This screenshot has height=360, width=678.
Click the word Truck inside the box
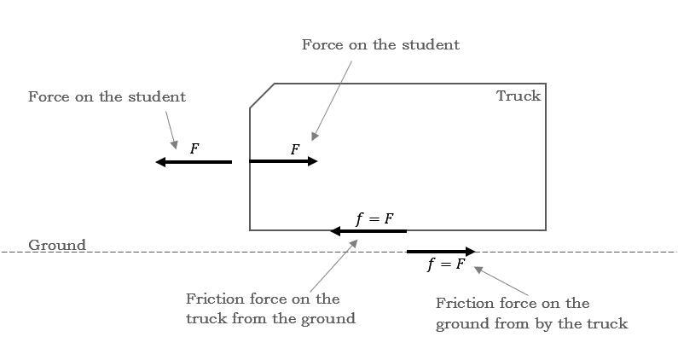pos(519,96)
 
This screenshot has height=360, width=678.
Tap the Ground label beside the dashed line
pos(57,246)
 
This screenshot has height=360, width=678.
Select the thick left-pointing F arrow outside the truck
pos(194,162)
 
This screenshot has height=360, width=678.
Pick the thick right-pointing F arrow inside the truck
pos(283,160)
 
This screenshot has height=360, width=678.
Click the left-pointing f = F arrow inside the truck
pos(368,231)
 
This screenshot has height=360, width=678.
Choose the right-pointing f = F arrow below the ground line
pos(441,252)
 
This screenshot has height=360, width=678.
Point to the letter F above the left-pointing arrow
pos(194,148)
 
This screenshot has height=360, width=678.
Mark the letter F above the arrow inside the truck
pos(295,149)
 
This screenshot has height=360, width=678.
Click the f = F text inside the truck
pos(375,218)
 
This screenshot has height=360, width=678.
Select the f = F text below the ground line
pos(447,264)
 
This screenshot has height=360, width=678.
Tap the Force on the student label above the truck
pos(380,44)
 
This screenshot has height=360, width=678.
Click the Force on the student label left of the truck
pos(107,96)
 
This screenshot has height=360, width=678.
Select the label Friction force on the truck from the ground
pos(269,309)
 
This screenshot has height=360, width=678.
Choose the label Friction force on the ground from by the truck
pos(531,313)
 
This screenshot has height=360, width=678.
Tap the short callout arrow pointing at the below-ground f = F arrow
pos(494,280)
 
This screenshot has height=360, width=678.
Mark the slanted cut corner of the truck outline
pos(262,96)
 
